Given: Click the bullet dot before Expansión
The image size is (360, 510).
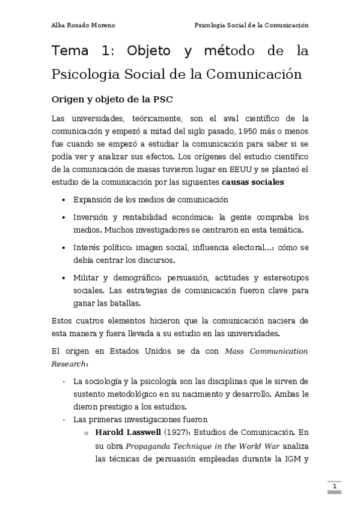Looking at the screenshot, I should (x=64, y=200).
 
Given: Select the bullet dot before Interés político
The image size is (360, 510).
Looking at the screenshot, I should (x=64, y=247).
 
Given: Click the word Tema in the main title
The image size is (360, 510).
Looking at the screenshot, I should (x=70, y=52).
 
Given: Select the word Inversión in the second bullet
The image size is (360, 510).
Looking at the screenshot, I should (x=91, y=217).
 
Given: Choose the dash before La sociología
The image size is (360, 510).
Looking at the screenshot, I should (x=64, y=381).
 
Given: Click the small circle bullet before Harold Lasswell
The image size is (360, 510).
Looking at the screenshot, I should (x=87, y=432).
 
